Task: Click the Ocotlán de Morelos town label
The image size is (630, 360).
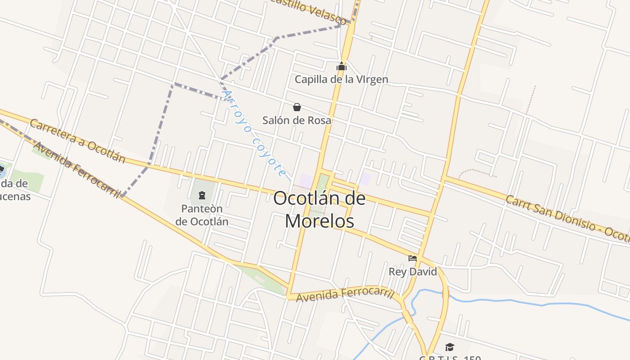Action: pos(319,210)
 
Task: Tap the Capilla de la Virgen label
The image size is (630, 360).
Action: pos(341,80)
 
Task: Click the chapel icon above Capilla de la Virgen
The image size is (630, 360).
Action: pos(342,67)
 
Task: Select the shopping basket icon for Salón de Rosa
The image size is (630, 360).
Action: pos(297,107)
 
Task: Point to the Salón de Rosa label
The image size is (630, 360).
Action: pos(297,120)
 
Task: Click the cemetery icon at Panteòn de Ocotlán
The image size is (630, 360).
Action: pos(202,195)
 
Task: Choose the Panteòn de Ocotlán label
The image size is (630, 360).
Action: pos(202,215)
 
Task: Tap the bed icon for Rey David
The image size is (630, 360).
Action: pos(412,258)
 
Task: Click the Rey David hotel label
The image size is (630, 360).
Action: pos(413,272)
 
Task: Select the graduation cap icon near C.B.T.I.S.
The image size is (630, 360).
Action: pos(449,347)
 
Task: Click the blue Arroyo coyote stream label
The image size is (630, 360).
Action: pos(255,133)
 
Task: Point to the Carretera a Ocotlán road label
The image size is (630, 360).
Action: pos(77,141)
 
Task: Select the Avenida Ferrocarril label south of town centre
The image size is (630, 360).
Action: pos(345,295)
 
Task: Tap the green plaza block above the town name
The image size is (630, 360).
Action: pos(322,182)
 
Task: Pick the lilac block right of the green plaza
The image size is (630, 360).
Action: pos(365,179)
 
